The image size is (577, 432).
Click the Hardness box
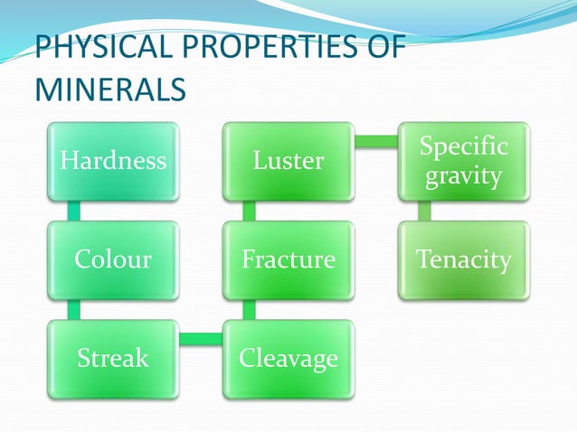pyautogui.click(x=113, y=161)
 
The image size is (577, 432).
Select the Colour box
pyautogui.click(x=113, y=260)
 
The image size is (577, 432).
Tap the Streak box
pyautogui.click(x=113, y=359)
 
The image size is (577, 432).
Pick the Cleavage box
pyautogui.click(x=288, y=359)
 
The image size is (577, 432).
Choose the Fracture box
pyautogui.click(x=288, y=260)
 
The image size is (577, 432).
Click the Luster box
pyautogui.click(x=288, y=161)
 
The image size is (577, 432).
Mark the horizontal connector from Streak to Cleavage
pyautogui.click(x=201, y=339)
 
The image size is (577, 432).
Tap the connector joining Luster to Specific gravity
pyautogui.click(x=376, y=141)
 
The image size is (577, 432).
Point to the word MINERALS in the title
pyautogui.click(x=110, y=90)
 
